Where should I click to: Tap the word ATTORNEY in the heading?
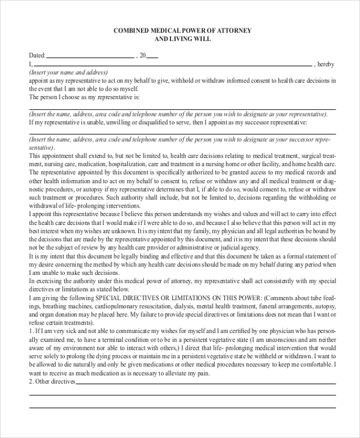(x=234, y=30)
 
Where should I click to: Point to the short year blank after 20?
(x=152, y=57)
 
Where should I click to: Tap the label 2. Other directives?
(x=52, y=381)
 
